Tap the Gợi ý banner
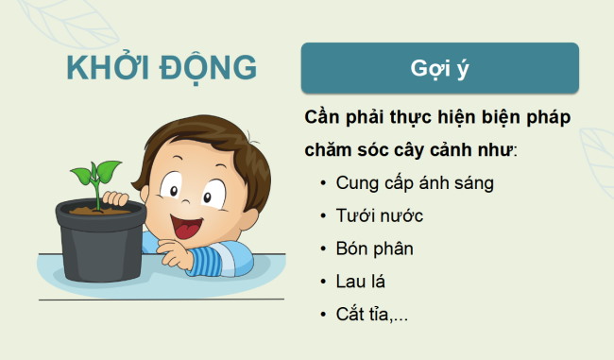(439, 67)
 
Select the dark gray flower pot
(101, 249)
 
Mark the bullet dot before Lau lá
(323, 282)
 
